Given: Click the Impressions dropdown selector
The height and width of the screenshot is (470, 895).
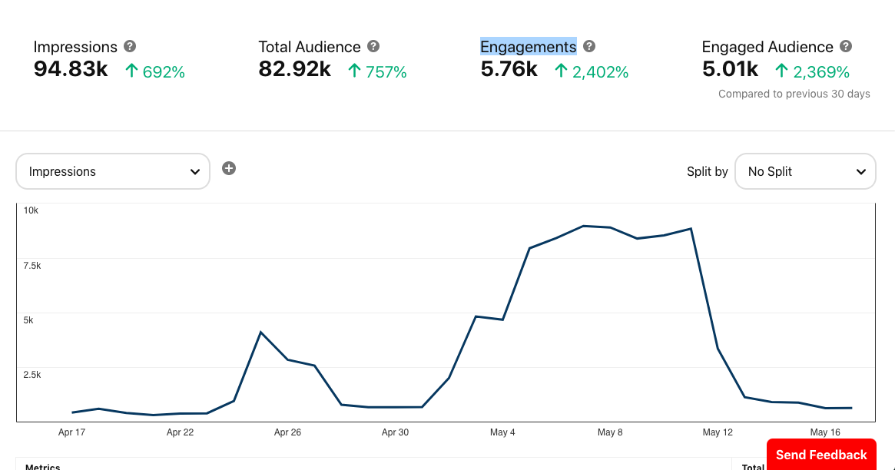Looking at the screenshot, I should [x=112, y=171].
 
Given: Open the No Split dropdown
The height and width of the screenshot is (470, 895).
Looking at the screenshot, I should [x=805, y=171].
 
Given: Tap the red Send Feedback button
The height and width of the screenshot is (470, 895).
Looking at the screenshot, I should [x=820, y=455].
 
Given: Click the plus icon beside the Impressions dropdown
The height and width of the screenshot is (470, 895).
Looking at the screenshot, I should [x=229, y=168].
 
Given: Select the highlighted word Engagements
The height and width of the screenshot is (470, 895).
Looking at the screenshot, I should [x=528, y=47].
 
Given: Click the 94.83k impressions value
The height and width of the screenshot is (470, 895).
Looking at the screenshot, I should [x=71, y=70].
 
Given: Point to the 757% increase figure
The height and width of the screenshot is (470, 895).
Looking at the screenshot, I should [x=386, y=72].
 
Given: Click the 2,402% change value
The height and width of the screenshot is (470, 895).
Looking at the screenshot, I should [x=600, y=72].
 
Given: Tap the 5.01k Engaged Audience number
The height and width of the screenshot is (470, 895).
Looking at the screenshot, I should [x=730, y=70].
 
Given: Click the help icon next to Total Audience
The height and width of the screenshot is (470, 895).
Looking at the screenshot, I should [x=373, y=47].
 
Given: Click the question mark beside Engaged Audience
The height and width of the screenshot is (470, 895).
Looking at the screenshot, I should [x=846, y=47].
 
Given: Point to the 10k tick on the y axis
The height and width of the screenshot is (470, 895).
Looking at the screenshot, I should [x=31, y=210].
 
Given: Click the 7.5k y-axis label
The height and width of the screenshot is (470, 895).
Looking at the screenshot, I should [x=31, y=265].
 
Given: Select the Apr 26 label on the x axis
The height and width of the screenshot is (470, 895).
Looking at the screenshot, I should [x=287, y=432].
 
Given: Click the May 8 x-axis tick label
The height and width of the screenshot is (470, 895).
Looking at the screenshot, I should [x=610, y=432].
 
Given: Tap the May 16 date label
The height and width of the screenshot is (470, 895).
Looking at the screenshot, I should [x=825, y=432].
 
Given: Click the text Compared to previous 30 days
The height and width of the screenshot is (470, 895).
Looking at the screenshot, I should [x=794, y=94].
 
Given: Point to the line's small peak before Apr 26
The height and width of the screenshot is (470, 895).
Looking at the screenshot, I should [x=261, y=333].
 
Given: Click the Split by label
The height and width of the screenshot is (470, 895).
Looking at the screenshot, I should [x=707, y=171].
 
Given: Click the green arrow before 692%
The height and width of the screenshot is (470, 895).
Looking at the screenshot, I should [x=131, y=71].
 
